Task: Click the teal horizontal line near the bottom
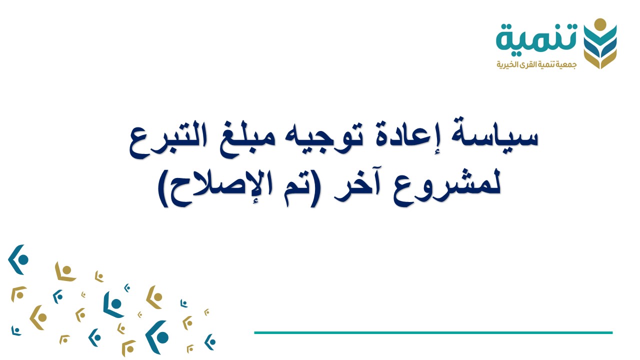[x=433, y=332]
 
